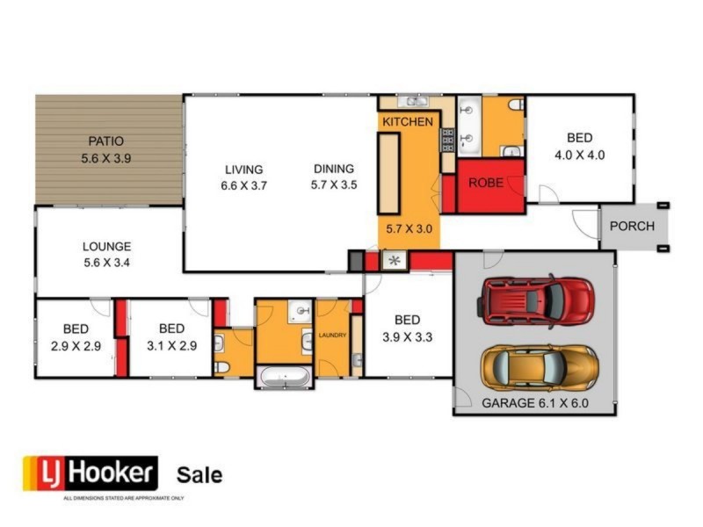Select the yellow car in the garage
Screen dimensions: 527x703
(x=539, y=366)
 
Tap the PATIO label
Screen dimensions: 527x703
(x=105, y=141)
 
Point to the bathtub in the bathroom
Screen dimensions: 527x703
(x=283, y=378)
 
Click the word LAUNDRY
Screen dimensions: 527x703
(x=333, y=335)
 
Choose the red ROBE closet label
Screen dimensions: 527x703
(x=485, y=184)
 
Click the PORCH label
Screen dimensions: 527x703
(x=632, y=226)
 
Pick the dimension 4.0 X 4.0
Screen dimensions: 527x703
(x=579, y=155)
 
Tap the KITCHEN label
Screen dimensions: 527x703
(x=407, y=121)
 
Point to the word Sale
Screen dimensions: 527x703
(x=199, y=475)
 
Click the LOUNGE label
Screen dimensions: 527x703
(x=106, y=247)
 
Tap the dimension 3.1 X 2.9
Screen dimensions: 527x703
(x=171, y=346)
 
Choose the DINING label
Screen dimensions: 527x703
(x=332, y=170)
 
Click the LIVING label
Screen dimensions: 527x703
(x=243, y=170)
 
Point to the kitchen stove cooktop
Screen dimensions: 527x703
(x=446, y=139)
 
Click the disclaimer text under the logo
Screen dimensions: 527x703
(x=122, y=498)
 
